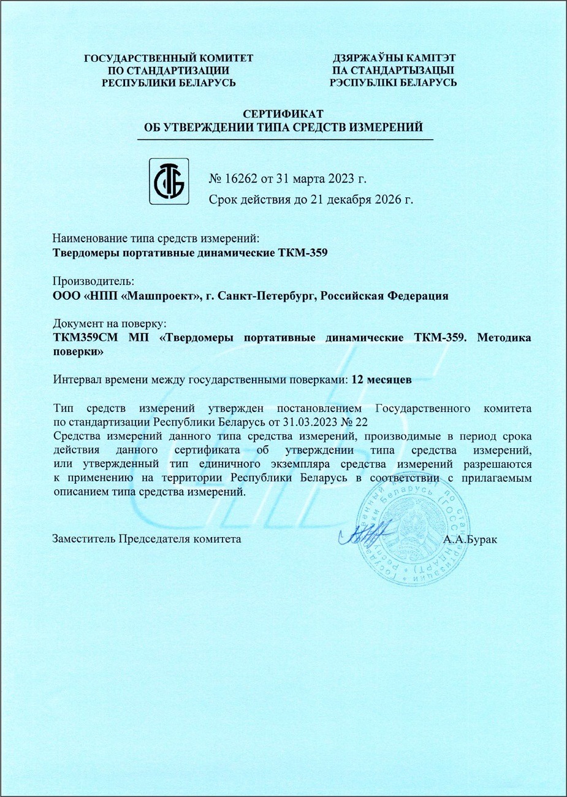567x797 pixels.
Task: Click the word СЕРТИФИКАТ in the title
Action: [283, 114]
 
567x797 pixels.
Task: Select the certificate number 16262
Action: [243, 180]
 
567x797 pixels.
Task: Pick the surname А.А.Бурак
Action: [470, 540]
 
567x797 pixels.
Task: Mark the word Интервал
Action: [77, 379]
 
